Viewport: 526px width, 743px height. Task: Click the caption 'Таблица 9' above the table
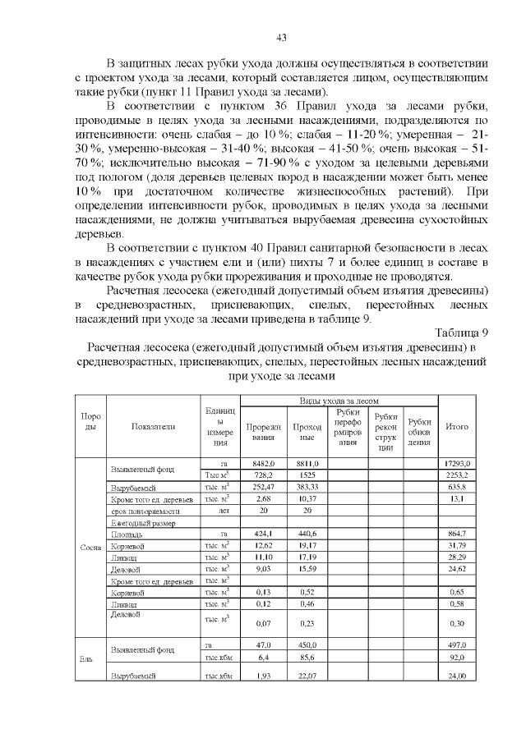[x=462, y=332]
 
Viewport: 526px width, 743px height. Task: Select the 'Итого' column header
[x=456, y=427]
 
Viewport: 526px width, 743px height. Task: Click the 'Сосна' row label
[x=91, y=546]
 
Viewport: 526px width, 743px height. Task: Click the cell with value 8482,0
[x=263, y=464]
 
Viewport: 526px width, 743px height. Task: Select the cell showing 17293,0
[x=456, y=464]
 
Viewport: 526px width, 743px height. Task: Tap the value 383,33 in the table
[x=307, y=487]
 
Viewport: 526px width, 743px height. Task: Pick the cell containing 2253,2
[x=456, y=475]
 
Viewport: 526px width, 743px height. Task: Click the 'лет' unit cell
[x=220, y=510]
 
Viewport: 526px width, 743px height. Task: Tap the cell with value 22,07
[x=307, y=676]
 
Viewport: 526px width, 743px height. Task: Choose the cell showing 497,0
[x=456, y=646]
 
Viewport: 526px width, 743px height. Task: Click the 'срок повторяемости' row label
[x=143, y=510]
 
